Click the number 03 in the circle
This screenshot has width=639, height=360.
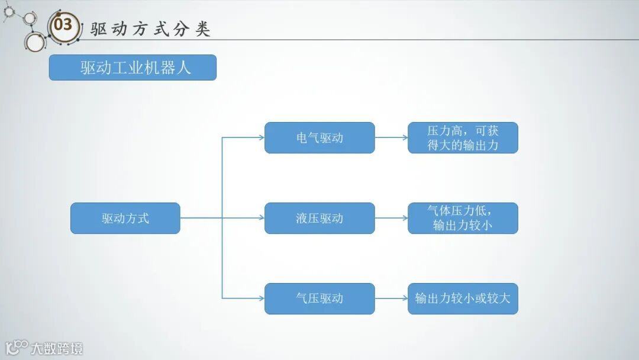63,25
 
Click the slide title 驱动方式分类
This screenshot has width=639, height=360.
150,29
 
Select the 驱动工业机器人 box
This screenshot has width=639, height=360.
133,67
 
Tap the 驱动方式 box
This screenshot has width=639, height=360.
125,218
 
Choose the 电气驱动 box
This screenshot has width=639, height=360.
319,138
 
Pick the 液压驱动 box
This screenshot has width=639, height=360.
319,218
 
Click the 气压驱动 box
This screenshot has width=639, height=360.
319,298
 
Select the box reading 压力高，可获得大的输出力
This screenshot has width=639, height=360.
463,138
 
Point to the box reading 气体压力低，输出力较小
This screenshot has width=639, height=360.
463,218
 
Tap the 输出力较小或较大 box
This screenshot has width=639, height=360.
463,298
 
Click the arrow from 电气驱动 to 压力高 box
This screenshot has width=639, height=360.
391,138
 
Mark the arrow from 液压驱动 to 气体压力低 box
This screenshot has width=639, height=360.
391,218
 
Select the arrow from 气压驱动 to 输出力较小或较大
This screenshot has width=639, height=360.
391,298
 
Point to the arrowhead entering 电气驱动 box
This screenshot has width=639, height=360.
261,138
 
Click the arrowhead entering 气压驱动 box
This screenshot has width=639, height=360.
261,298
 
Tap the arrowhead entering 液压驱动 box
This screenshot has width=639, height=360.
261,218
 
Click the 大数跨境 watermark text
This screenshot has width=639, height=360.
57,348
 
